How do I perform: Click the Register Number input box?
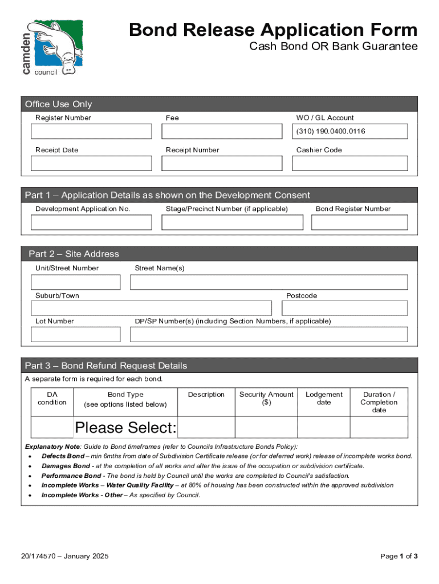click(x=91, y=132)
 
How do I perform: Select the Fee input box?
click(x=222, y=132)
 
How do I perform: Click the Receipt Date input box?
click(x=91, y=164)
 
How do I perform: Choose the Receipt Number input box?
click(x=222, y=164)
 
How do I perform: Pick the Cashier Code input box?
click(x=350, y=164)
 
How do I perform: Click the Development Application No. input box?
click(x=91, y=222)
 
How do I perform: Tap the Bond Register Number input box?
click(x=360, y=222)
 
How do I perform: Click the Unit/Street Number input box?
click(x=76, y=282)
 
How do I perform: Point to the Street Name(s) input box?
click(x=269, y=282)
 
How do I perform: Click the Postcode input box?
click(x=345, y=308)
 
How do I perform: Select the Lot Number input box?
click(x=76, y=334)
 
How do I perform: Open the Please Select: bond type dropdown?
click(x=125, y=428)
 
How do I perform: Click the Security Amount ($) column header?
click(x=266, y=398)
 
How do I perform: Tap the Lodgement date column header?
click(x=324, y=398)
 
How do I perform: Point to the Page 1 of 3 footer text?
click(x=399, y=556)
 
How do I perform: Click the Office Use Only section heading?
click(x=58, y=104)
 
